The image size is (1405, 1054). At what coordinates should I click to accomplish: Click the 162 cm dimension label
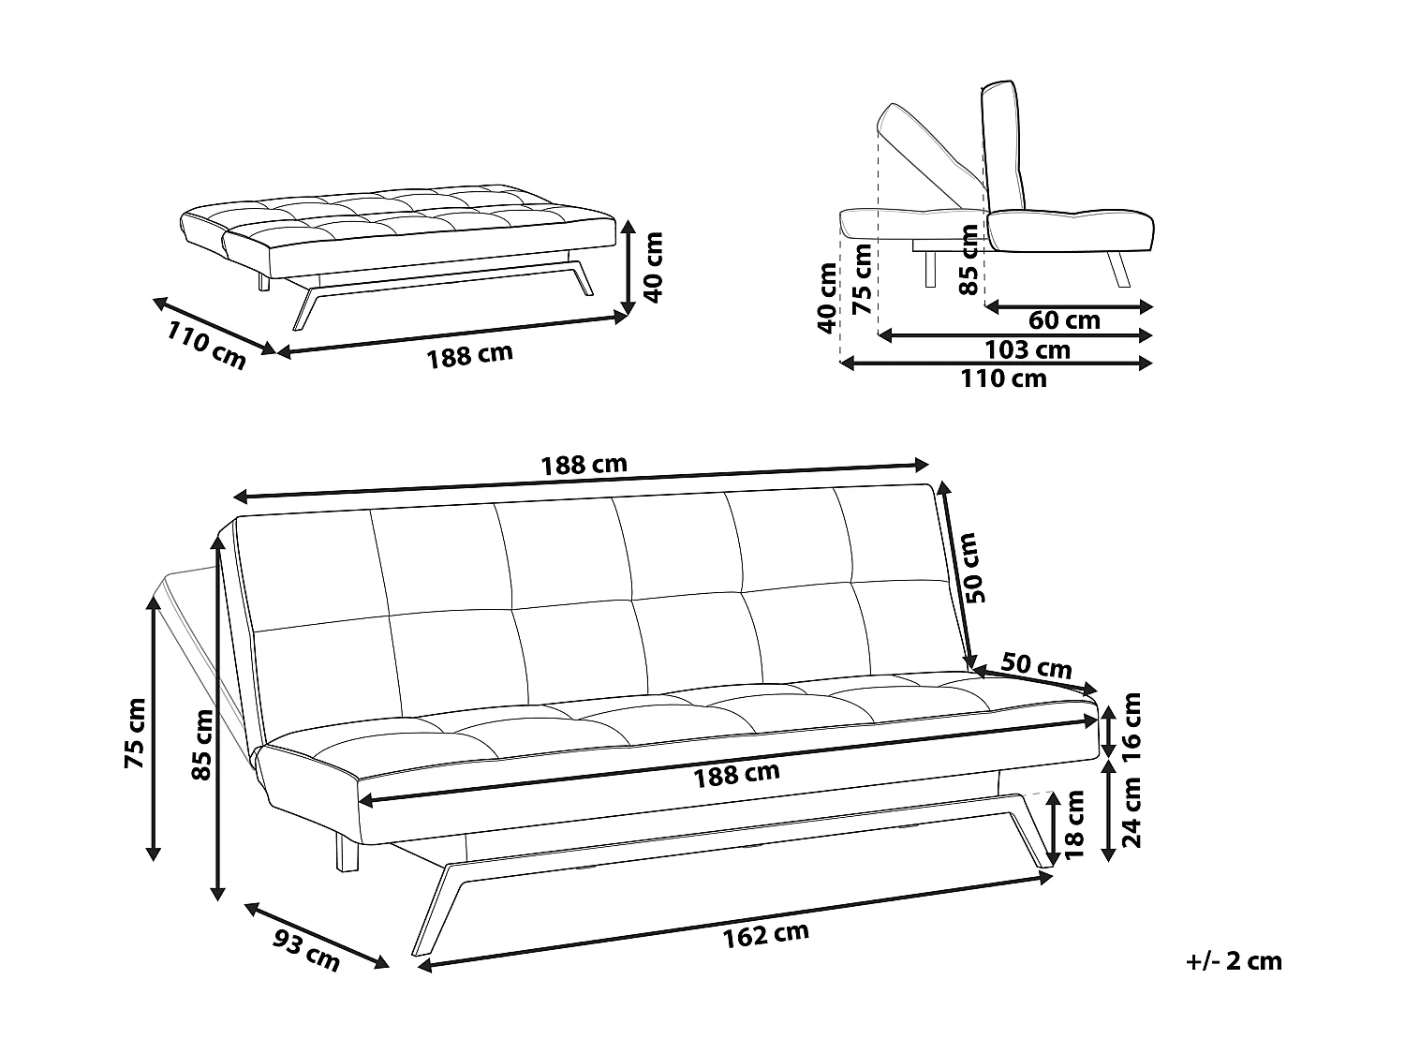point(765,934)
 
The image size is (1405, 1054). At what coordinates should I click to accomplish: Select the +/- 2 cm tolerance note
point(1234,961)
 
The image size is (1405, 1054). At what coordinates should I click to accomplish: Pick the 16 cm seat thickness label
point(1131,725)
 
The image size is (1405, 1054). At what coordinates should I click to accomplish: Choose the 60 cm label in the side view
point(1064,320)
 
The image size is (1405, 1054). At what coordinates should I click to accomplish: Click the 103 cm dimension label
point(1028,349)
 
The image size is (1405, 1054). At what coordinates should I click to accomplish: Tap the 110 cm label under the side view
point(1004,379)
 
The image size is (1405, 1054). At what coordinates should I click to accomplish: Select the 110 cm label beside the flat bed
point(206,345)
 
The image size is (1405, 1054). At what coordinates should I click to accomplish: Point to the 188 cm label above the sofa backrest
point(584,464)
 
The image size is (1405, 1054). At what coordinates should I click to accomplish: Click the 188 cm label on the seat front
point(736,774)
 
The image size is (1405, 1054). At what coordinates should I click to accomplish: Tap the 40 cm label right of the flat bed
point(654,267)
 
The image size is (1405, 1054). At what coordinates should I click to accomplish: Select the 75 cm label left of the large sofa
point(135,734)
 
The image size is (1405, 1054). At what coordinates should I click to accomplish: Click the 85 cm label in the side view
point(969,260)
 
